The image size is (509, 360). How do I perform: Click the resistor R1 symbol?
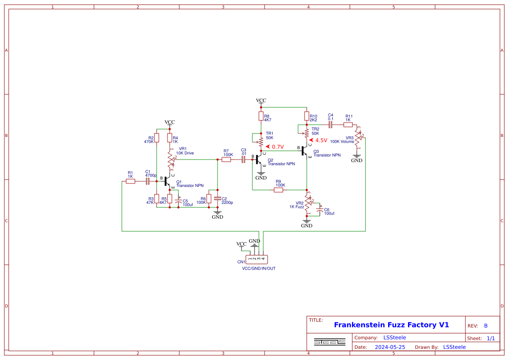pyautogui.click(x=131, y=181)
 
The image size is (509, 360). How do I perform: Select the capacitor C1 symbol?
pyautogui.click(x=147, y=181)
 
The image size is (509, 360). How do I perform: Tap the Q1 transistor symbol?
pyautogui.click(x=167, y=181)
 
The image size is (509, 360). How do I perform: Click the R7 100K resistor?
pyautogui.click(x=226, y=160)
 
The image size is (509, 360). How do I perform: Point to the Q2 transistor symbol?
pyautogui.click(x=258, y=160)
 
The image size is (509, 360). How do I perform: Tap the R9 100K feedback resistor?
pyautogui.click(x=278, y=190)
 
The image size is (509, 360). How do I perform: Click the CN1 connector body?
pyautogui.click(x=257, y=260)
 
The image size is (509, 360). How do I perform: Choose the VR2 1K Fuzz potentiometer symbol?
pyautogui.click(x=307, y=203)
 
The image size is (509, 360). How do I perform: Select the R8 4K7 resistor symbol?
pyautogui.click(x=261, y=116)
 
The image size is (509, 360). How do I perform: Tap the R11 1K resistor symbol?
pyautogui.click(x=348, y=125)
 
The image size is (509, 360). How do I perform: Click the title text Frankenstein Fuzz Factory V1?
pyautogui.click(x=391, y=325)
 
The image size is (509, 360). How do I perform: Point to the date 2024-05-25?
pyautogui.click(x=390, y=347)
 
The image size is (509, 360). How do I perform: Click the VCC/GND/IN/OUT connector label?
pyautogui.click(x=259, y=269)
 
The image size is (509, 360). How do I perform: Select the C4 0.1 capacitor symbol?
pyautogui.click(x=330, y=125)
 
